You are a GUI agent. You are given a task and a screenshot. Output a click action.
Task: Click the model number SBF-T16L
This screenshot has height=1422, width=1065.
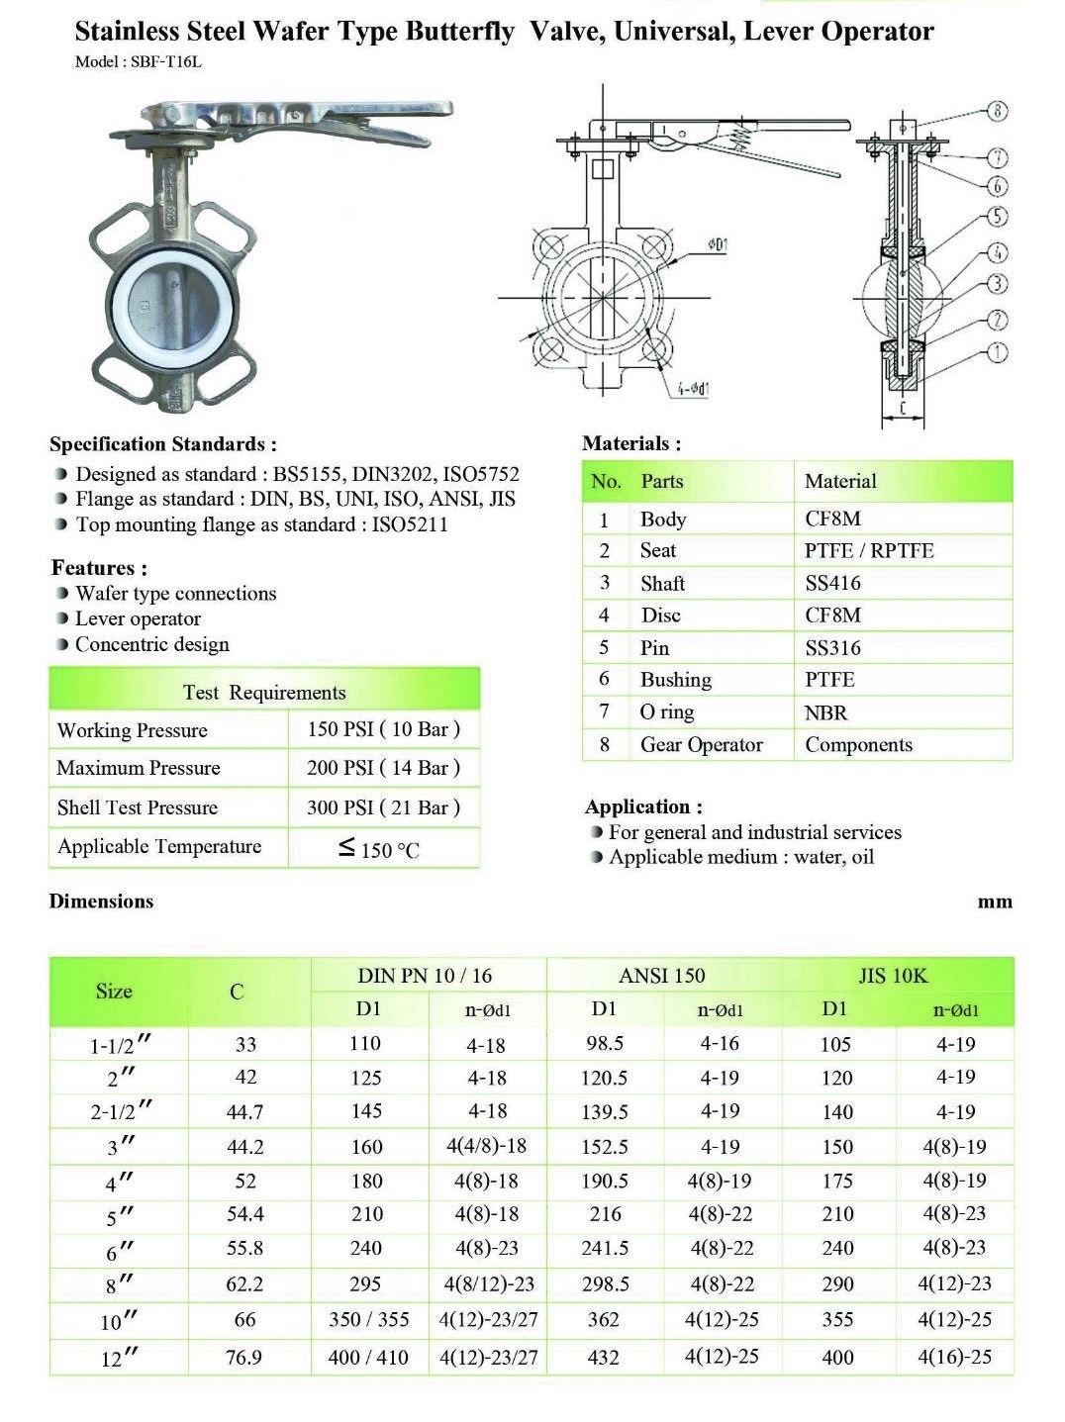[x=165, y=61]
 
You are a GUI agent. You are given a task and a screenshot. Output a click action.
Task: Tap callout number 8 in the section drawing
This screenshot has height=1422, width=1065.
[x=997, y=111]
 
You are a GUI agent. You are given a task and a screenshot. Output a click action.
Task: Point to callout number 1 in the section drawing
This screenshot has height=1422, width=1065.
[x=997, y=352]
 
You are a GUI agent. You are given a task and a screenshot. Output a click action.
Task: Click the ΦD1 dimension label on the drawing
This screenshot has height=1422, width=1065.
[x=718, y=244]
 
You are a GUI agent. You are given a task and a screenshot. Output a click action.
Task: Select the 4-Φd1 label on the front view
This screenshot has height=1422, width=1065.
[x=693, y=389]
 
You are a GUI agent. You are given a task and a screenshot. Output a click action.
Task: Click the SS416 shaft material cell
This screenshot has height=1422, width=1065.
[x=832, y=583]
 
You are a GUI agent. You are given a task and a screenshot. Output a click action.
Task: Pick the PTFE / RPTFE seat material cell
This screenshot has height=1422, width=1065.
[x=868, y=550]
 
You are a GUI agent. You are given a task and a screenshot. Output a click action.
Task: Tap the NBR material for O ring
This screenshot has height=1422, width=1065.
[x=825, y=712]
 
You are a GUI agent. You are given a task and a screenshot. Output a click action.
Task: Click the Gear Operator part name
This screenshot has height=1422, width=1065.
[x=701, y=745]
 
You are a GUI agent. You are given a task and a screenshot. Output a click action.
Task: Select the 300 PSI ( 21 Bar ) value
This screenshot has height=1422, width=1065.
[x=383, y=807]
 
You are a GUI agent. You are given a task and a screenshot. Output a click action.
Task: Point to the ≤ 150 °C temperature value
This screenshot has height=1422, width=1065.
[x=379, y=849]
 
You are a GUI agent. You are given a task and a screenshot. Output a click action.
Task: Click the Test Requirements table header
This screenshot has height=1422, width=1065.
[x=264, y=692]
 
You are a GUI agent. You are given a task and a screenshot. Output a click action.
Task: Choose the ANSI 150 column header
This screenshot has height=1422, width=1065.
[x=662, y=976]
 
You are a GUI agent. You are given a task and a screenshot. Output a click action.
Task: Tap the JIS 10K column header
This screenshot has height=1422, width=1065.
[x=893, y=976]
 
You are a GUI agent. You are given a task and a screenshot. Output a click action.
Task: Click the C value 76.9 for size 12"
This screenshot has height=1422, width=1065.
[x=243, y=1357]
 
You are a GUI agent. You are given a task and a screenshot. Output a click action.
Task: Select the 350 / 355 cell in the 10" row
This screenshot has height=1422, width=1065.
[x=368, y=1319]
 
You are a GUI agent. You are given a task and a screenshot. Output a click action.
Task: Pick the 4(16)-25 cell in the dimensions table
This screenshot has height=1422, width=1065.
[x=954, y=1357]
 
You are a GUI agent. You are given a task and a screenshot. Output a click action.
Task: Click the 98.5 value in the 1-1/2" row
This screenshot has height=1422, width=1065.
[x=604, y=1044]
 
